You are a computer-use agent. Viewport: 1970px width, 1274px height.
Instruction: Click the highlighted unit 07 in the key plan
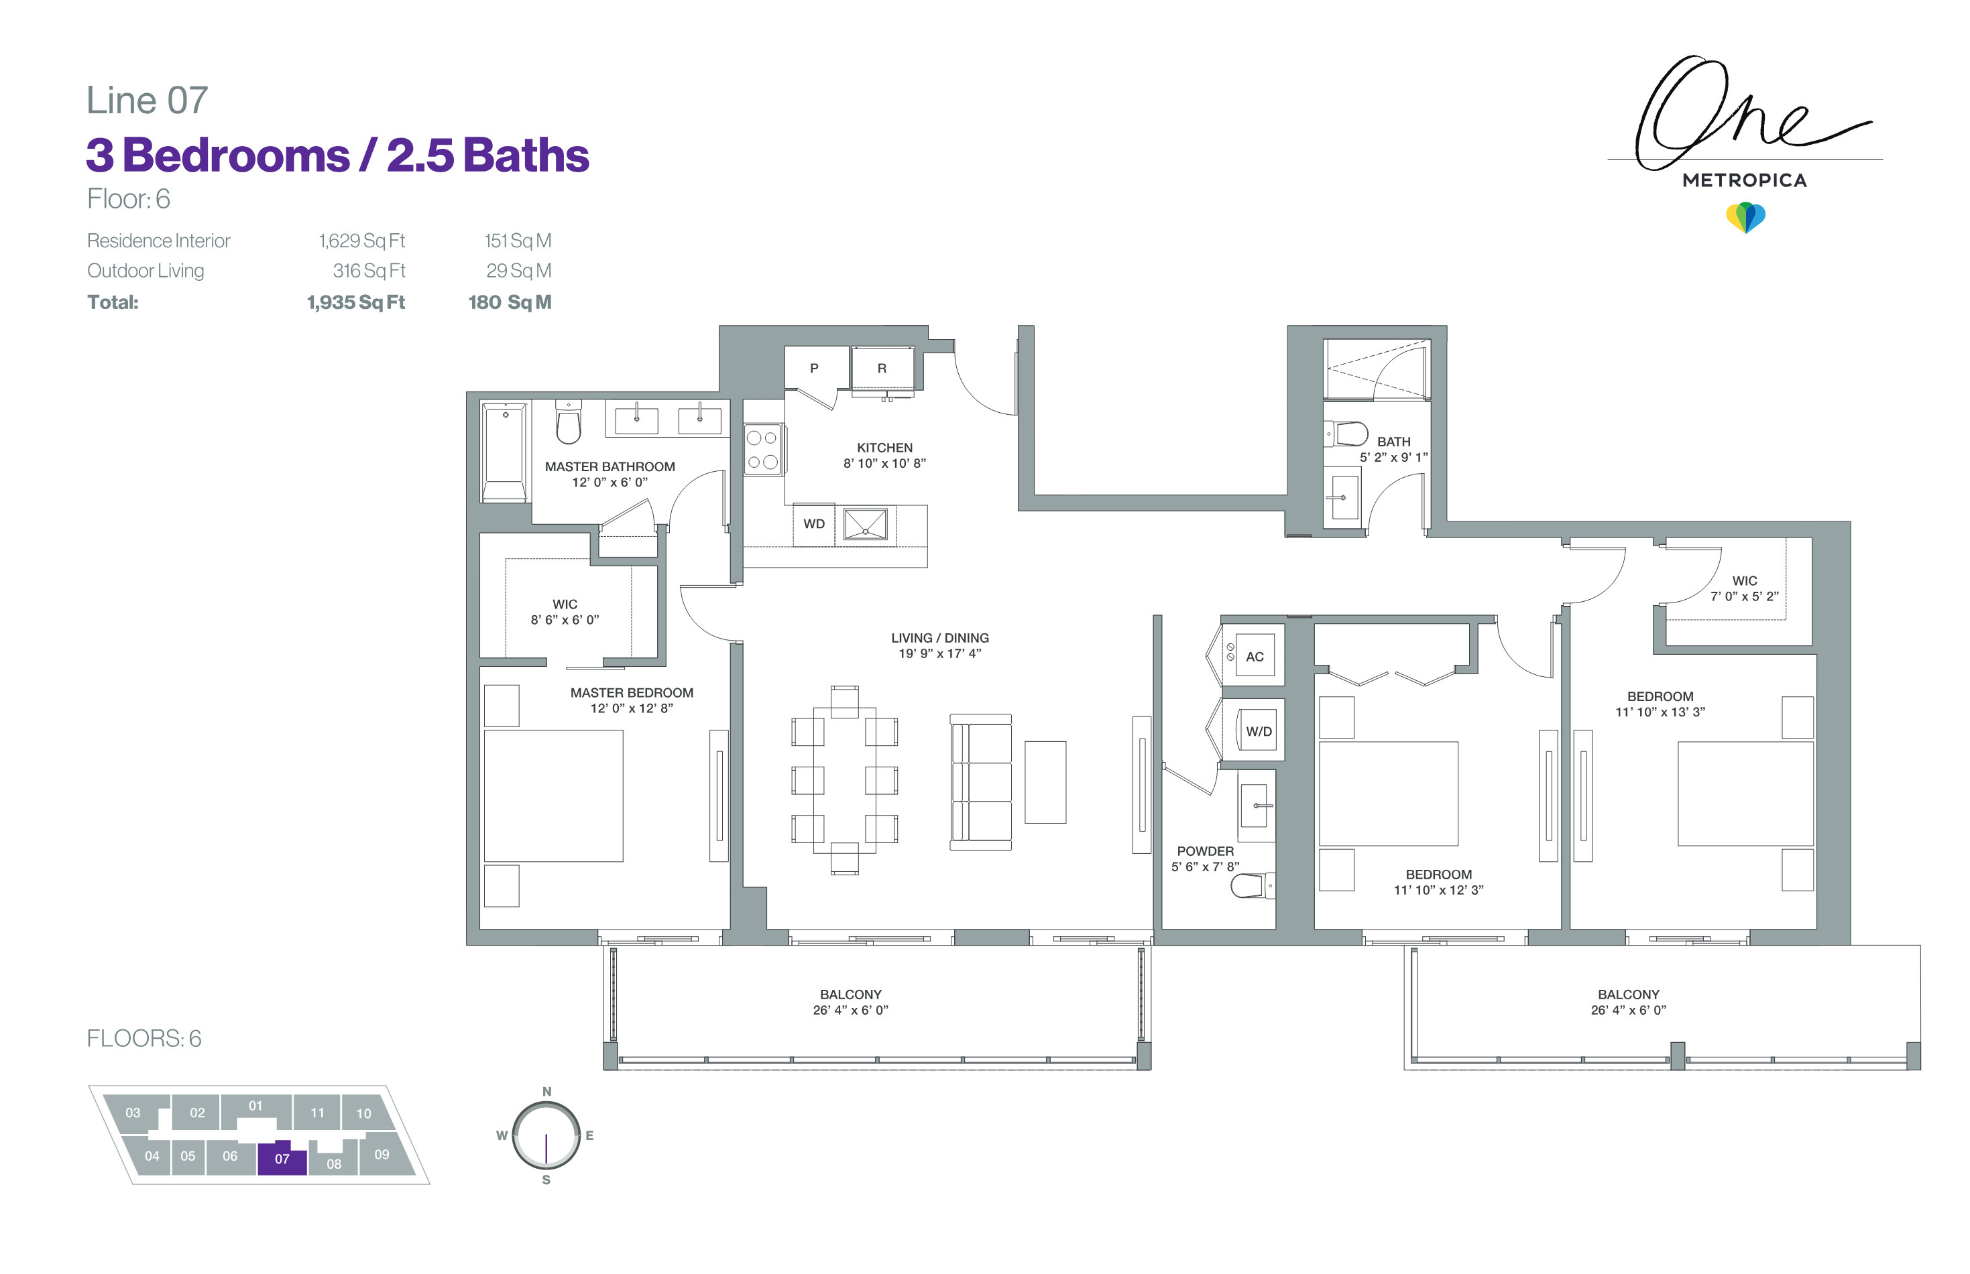point(282,1158)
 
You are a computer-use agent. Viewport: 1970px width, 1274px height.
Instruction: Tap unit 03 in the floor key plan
point(133,1112)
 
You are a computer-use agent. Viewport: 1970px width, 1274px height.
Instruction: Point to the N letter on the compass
point(546,1091)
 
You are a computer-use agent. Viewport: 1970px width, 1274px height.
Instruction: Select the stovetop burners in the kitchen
point(762,449)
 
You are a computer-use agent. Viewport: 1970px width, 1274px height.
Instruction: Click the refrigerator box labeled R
point(882,368)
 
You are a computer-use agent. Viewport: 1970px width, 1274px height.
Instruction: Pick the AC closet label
point(1255,657)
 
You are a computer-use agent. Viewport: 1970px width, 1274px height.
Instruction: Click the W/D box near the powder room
point(1259,731)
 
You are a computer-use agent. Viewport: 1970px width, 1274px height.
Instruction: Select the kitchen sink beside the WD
point(866,525)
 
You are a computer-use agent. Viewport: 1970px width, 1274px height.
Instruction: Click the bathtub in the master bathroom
point(504,452)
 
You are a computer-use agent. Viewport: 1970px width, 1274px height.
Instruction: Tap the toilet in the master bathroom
point(569,423)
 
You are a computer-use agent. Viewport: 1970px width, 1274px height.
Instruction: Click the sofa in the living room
point(981,783)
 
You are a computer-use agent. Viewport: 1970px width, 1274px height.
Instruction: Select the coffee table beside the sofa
point(1045,783)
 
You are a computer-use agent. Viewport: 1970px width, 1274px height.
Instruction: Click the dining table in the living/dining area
point(844,780)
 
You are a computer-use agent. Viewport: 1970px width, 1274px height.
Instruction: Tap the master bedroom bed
point(554,796)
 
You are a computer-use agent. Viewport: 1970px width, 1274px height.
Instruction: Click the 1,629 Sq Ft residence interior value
point(361,241)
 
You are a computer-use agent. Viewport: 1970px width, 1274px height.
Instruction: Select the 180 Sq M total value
point(510,302)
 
